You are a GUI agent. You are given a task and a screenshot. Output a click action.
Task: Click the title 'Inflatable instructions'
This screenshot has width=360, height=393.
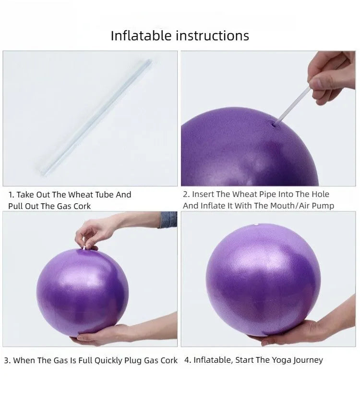180,36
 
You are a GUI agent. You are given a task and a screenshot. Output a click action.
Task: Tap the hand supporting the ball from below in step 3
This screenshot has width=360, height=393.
103,335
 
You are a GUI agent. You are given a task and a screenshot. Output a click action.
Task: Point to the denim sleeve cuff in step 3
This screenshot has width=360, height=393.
168,220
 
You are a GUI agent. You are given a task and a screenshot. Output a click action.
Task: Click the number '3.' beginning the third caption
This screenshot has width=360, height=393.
7,360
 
